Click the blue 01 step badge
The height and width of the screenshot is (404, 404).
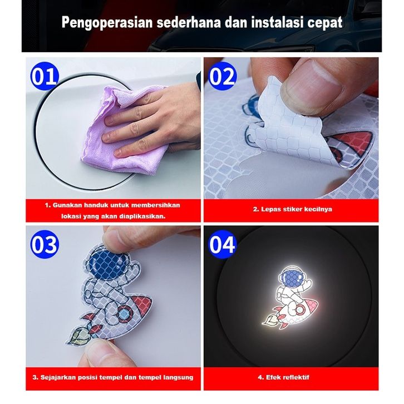point(45,77)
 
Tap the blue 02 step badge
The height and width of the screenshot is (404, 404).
point(222,76)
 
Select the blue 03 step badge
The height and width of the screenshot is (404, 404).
point(45,244)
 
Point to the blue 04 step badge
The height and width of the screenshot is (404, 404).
point(222,244)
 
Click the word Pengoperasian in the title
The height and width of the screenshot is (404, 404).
point(107,23)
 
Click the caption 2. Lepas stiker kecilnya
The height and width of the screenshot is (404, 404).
point(293,209)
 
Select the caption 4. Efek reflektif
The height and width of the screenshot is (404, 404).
point(283,377)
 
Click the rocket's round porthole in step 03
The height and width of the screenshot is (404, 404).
point(125,314)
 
